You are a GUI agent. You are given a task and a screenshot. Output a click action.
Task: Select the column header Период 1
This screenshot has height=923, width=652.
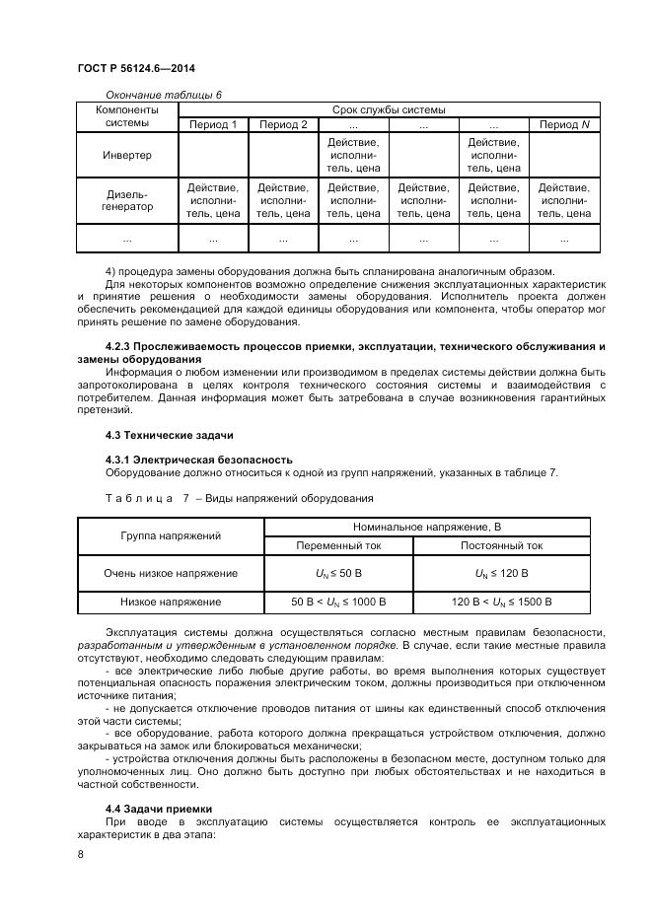tap(212, 124)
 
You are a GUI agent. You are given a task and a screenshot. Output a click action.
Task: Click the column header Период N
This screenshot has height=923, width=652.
tap(564, 124)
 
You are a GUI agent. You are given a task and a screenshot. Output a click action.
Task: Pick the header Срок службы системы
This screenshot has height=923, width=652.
tap(388, 109)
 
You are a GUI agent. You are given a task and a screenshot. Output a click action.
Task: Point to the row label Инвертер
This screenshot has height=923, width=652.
tap(126, 156)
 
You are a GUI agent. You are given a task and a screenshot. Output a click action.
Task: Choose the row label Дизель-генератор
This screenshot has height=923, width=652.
tap(126, 200)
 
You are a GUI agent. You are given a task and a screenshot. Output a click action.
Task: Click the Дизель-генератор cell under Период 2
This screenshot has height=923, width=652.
tap(283, 200)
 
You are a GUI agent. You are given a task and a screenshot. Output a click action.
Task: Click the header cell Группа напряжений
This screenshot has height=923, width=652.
tap(171, 535)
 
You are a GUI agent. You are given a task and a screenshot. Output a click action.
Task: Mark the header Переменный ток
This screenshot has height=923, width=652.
tap(338, 544)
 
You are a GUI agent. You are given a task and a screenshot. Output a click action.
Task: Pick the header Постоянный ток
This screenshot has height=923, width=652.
tap(501, 544)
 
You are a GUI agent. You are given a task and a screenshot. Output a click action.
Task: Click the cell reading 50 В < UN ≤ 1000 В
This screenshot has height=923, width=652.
tap(338, 601)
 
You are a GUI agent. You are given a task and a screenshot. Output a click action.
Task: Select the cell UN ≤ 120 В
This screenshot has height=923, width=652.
tap(501, 572)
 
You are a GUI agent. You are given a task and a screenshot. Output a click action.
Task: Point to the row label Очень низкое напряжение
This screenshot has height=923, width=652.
tap(171, 572)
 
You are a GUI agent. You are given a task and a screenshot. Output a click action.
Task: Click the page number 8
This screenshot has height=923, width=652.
tap(80, 855)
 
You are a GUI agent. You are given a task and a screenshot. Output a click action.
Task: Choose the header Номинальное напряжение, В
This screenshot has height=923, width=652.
tap(420, 527)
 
